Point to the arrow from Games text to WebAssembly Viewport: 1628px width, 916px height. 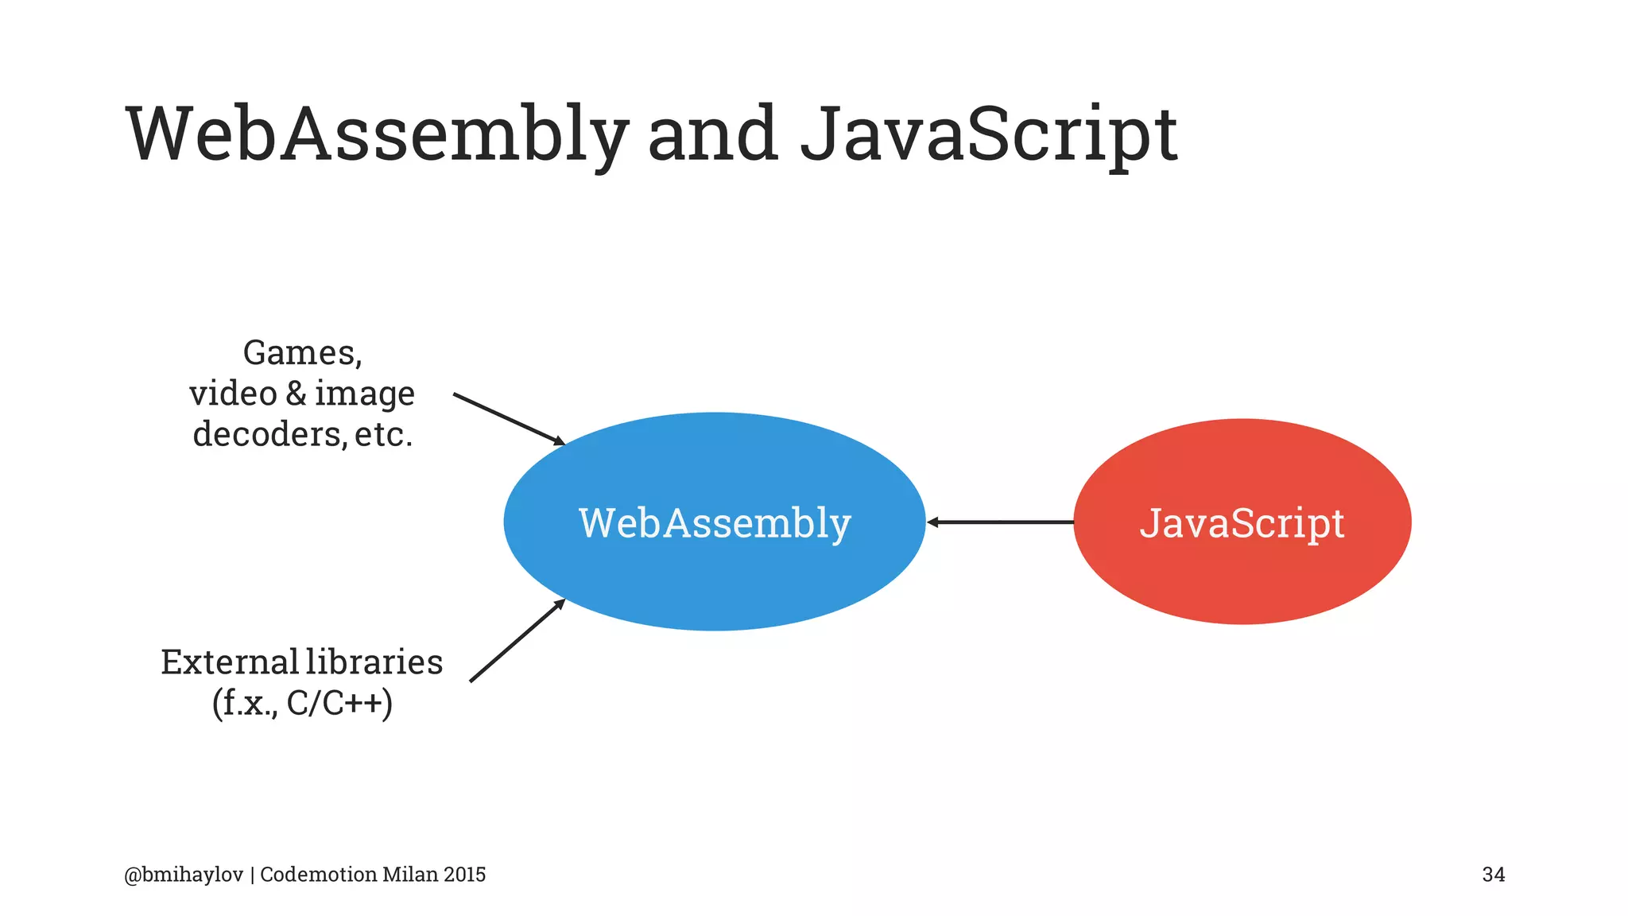(509, 418)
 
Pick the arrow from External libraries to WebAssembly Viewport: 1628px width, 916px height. (517, 640)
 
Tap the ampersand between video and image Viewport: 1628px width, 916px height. (296, 394)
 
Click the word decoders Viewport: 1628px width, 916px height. (269, 434)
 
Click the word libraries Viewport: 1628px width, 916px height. (374, 662)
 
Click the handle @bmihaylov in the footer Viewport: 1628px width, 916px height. (184, 875)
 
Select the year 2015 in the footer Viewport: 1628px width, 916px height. (465, 875)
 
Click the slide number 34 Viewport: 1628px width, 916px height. (1493, 875)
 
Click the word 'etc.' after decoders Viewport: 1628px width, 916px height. (384, 434)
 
